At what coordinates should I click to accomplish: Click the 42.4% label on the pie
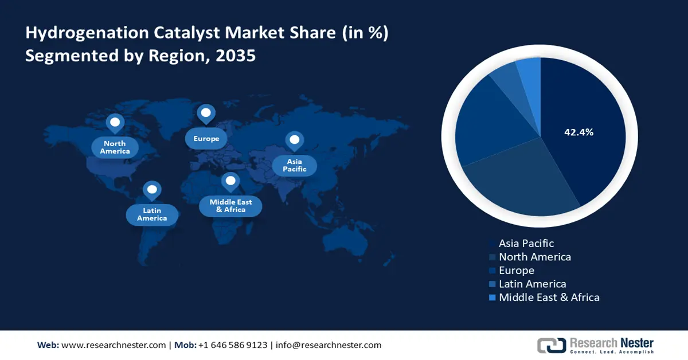pyautogui.click(x=578, y=132)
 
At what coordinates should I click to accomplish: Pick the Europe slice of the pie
pyautogui.click(x=494, y=123)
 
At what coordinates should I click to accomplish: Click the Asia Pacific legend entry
pyautogui.click(x=522, y=243)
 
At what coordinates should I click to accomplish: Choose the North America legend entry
pyautogui.click(x=530, y=257)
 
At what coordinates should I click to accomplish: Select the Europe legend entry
pyautogui.click(x=511, y=271)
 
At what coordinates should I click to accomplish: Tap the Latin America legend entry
pyautogui.click(x=527, y=284)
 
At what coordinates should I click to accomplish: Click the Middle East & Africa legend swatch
pyautogui.click(x=492, y=298)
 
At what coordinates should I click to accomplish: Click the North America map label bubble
pyautogui.click(x=115, y=147)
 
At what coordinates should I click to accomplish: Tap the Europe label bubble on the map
pyautogui.click(x=206, y=139)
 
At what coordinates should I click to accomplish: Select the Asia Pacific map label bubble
pyautogui.click(x=295, y=165)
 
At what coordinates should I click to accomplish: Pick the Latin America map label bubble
pyautogui.click(x=152, y=214)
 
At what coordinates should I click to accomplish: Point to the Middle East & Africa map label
pyautogui.click(x=230, y=206)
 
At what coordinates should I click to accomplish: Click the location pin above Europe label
pyautogui.click(x=206, y=114)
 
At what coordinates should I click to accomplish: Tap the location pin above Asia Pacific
pyautogui.click(x=295, y=141)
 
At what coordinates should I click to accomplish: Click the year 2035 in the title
pyautogui.click(x=236, y=56)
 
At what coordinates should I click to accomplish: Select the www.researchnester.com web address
pyautogui.click(x=114, y=345)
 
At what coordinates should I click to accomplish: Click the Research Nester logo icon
pyautogui.click(x=552, y=345)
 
